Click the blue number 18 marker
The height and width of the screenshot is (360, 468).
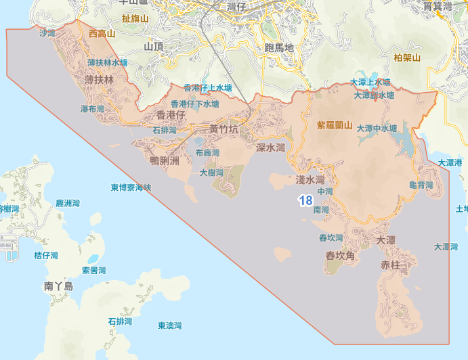305,200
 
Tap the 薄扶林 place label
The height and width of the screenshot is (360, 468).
100,80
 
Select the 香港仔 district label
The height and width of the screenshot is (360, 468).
171,116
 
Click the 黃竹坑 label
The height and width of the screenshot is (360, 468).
224,129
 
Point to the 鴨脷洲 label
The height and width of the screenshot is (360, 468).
164,161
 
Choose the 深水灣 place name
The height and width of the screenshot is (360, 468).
270,148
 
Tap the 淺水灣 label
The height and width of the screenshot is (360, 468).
311,180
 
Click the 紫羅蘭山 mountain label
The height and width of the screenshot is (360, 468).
335,125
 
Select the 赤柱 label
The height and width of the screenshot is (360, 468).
391,265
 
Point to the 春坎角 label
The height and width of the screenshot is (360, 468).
341,256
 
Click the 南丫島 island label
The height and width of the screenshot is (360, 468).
58,286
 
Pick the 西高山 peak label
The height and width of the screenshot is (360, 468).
102,33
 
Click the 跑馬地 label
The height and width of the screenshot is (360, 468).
279,48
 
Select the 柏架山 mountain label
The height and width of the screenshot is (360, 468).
407,58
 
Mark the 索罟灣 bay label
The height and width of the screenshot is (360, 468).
94,271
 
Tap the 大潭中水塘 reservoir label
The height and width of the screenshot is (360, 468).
377,128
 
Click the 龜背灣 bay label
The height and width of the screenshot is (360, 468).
421,185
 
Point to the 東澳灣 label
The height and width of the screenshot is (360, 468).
170,325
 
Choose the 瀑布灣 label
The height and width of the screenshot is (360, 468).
93,109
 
